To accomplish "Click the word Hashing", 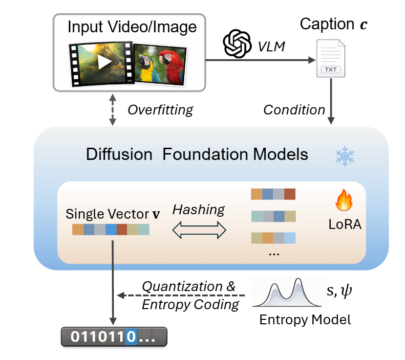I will pos(198,210).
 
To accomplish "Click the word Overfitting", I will pos(160,109).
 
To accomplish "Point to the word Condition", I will pos(294,109).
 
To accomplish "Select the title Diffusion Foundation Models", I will pos(197,155).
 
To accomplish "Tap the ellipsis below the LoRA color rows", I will pos(274,254).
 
